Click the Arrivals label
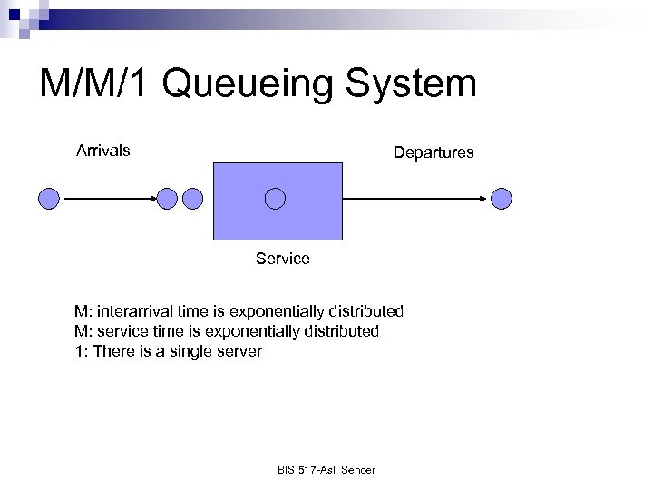point(102,151)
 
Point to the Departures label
point(433,152)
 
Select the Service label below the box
point(282,259)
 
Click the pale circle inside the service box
point(275,198)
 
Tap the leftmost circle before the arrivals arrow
point(50,198)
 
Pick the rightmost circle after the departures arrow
point(502,198)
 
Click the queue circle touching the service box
point(192,198)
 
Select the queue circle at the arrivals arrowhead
point(166,198)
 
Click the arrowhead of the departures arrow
point(484,198)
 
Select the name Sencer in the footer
point(357,469)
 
